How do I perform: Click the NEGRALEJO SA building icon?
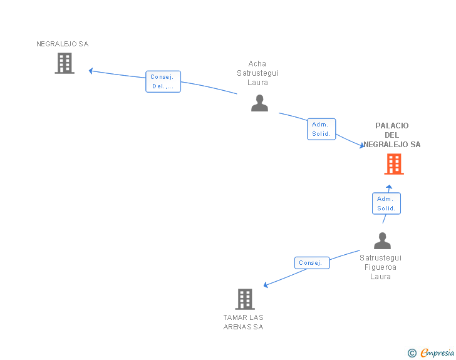[65, 63]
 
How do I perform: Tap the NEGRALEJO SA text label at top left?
[62, 44]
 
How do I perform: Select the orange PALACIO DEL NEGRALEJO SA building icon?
[393, 164]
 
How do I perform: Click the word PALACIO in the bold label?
[392, 126]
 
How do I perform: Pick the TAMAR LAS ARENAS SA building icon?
[245, 299]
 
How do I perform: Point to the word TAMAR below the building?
[234, 317]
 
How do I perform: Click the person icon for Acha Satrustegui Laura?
[259, 103]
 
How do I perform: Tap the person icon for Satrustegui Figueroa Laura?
[382, 241]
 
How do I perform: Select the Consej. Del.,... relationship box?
[163, 81]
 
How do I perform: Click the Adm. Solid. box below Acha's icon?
[321, 129]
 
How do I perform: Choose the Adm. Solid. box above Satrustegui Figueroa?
[386, 203]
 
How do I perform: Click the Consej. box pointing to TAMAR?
[311, 263]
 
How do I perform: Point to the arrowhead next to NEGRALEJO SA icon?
[91, 71]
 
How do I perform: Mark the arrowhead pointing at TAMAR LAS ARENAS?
[266, 285]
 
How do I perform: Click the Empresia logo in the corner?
[437, 353]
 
